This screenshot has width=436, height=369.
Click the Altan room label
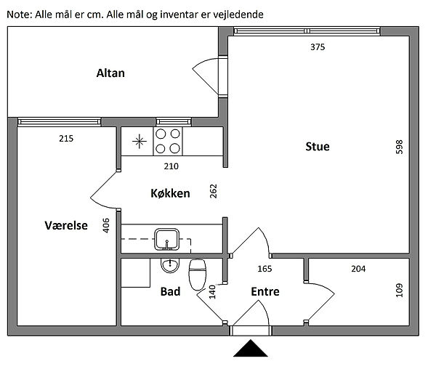110,73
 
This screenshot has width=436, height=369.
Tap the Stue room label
317,147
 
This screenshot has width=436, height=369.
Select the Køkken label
170,193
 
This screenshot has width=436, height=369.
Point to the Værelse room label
66,226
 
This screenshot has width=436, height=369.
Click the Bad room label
170,291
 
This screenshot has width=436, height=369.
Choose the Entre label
265,291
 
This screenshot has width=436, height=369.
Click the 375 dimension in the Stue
317,47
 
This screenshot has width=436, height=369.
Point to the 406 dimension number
106,226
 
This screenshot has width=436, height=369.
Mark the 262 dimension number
213,192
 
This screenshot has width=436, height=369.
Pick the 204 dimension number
358,269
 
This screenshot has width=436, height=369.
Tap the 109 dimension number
398,291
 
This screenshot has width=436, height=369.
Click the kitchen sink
167,238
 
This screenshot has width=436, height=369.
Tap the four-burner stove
169,141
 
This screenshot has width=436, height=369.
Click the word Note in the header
19,14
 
